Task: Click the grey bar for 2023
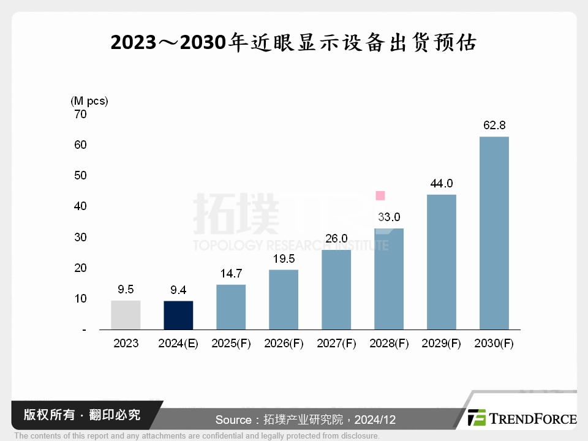tap(126, 315)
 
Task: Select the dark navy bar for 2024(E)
tap(178, 315)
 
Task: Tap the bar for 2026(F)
tap(284, 300)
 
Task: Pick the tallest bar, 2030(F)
tap(494, 233)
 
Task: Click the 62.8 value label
tap(494, 126)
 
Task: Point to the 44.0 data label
tap(442, 184)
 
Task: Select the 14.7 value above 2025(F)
tap(231, 274)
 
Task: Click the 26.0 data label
tap(336, 239)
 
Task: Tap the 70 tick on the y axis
tap(80, 114)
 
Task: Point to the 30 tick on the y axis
tap(80, 238)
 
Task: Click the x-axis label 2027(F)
tap(336, 344)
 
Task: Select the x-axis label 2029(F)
tap(442, 344)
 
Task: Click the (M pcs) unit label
tap(89, 100)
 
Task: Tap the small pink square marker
tap(380, 196)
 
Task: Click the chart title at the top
tap(293, 43)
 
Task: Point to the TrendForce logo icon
tap(477, 418)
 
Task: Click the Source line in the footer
tap(305, 420)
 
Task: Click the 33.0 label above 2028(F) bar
tap(389, 217)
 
